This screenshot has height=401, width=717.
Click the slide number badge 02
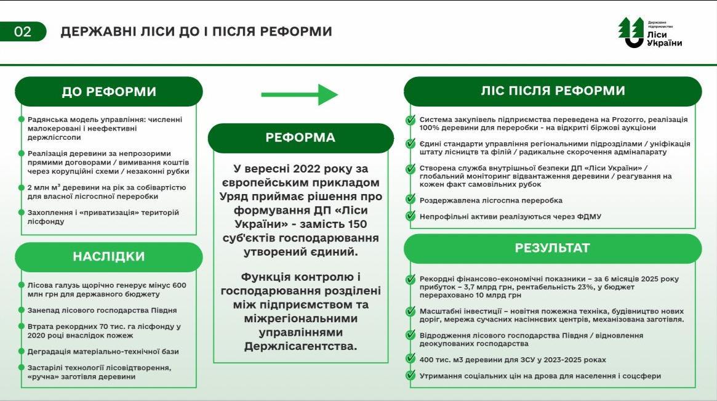(x=23, y=32)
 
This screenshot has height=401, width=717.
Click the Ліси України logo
(x=650, y=33)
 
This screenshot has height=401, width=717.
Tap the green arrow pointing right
(x=300, y=94)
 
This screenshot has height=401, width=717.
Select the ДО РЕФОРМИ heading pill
(x=109, y=92)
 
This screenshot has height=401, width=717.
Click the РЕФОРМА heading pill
(x=300, y=138)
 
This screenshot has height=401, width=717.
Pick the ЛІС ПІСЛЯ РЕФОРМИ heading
(x=553, y=91)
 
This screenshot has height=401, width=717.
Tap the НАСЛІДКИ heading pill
(x=109, y=256)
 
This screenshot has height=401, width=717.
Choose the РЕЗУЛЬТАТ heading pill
(x=553, y=248)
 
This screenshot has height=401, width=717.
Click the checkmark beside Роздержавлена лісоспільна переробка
(x=411, y=200)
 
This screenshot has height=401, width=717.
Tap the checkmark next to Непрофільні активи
(x=411, y=216)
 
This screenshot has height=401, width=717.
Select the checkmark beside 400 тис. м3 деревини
(x=411, y=359)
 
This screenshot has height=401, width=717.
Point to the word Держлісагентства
(x=300, y=347)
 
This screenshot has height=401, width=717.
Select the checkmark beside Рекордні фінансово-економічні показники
(x=411, y=278)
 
